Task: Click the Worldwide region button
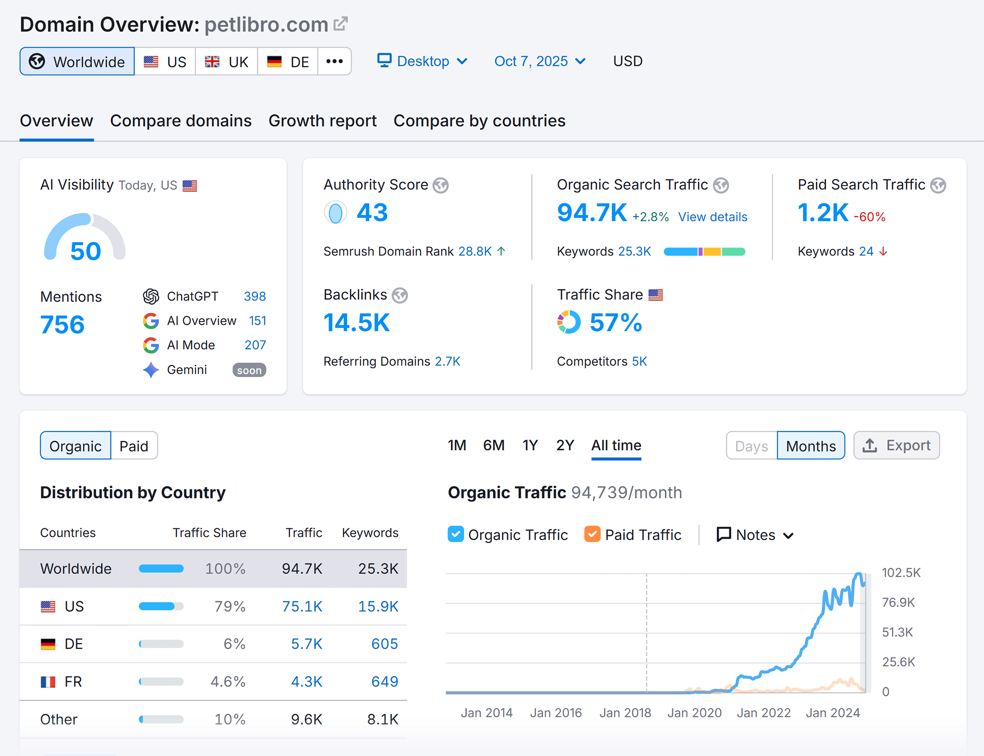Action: [x=77, y=62]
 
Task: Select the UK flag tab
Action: [x=227, y=62]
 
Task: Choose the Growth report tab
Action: [x=322, y=121]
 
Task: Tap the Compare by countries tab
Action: [x=479, y=121]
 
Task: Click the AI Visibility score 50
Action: [x=85, y=251]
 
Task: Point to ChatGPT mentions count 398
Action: [x=254, y=296]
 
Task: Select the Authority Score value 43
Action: [x=372, y=212]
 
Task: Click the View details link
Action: [x=712, y=217]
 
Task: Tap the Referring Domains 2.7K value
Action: [x=447, y=361]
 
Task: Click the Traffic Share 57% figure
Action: [x=615, y=323]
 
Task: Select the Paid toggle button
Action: [x=134, y=446]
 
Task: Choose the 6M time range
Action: [x=494, y=445]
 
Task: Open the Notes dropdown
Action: [x=755, y=535]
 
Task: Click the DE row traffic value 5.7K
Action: [x=306, y=644]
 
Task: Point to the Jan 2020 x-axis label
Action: [x=694, y=713]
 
